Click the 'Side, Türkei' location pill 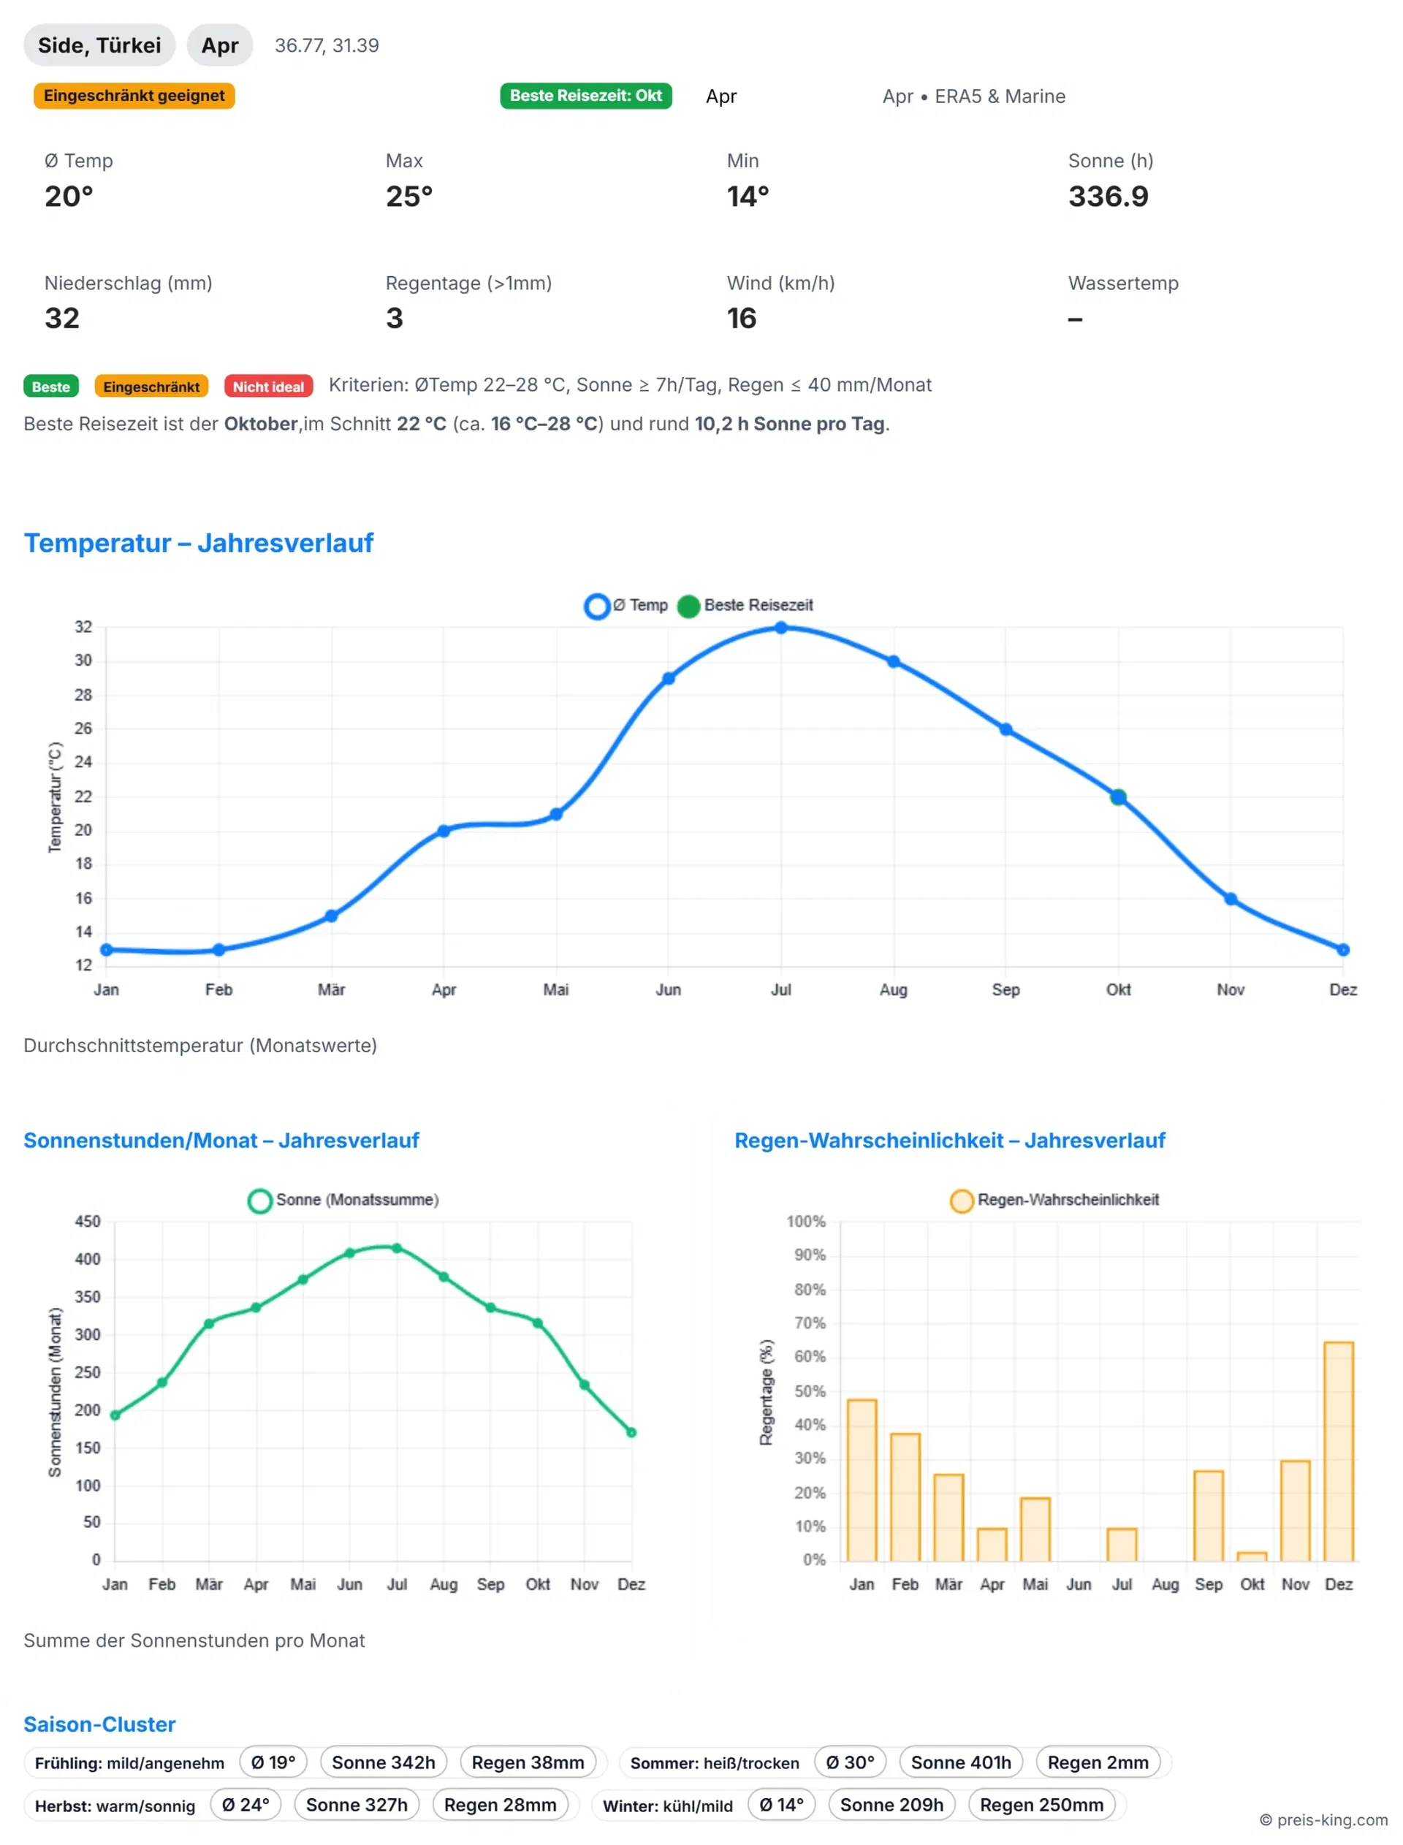tap(99, 45)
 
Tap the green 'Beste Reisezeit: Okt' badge tap(585, 95)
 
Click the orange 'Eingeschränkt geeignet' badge tap(134, 95)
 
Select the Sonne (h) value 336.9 tap(1109, 197)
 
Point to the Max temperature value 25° tap(409, 197)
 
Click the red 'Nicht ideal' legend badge tap(268, 387)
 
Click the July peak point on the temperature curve tap(781, 628)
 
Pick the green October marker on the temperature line tap(1118, 797)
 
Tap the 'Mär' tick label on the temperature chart tap(331, 989)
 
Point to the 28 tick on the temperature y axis tap(83, 695)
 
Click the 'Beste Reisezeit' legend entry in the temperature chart tap(746, 605)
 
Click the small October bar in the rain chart tap(1252, 1556)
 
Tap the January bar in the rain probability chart tap(862, 1480)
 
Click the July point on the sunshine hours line tap(397, 1248)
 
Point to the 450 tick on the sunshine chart tap(88, 1222)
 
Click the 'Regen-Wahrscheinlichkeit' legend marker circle tap(961, 1201)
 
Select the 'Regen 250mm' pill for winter tap(1041, 1805)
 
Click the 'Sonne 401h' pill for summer tap(960, 1762)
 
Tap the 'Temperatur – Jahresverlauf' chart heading tap(199, 543)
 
